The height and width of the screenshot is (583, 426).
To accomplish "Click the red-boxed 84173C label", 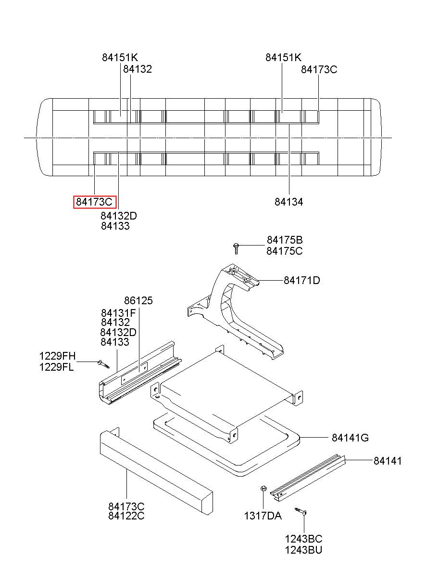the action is [95, 202].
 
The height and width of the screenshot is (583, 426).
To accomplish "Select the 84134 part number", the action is [289, 202].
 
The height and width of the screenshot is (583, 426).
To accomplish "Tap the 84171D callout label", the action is [302, 281].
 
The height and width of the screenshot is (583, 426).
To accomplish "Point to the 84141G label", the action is [350, 438].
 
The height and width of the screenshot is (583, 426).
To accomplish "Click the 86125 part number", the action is [138, 300].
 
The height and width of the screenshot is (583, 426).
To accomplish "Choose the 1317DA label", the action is [263, 516].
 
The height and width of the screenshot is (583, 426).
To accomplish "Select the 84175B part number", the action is [285, 240].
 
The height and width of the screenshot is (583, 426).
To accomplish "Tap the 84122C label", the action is [126, 516].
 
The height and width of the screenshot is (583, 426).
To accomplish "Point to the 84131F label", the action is [118, 313].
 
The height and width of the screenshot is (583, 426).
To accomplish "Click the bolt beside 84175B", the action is [236, 248].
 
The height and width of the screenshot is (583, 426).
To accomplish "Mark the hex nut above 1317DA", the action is [263, 488].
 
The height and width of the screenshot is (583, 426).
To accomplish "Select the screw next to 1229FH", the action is [103, 364].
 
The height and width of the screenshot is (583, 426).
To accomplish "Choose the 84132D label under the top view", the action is [119, 216].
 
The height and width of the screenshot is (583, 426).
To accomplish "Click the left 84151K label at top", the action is [120, 57].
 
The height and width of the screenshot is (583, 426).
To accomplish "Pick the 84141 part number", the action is [388, 461].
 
